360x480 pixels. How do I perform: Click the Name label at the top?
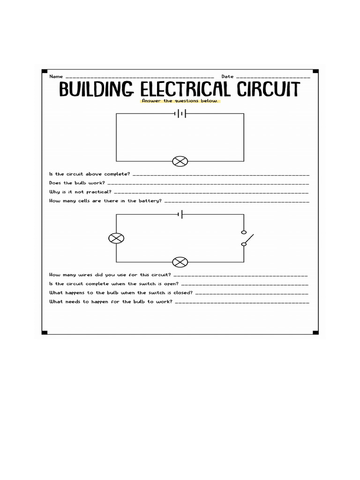(x=55, y=76)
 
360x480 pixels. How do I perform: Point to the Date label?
(x=227, y=76)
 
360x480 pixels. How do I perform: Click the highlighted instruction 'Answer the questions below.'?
(x=180, y=101)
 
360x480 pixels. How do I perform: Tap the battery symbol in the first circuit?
(x=180, y=113)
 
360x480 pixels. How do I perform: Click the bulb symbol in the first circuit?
(x=180, y=162)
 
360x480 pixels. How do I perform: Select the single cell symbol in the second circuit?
(x=180, y=215)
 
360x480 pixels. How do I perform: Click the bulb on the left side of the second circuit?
(x=116, y=239)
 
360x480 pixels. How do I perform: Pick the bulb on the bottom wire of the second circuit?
(x=180, y=262)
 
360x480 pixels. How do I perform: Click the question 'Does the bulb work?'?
(x=77, y=183)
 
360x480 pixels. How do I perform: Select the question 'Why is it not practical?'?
(x=80, y=192)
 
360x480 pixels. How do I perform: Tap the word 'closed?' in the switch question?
(x=182, y=292)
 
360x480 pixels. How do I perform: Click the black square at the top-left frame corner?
(x=45, y=72)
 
